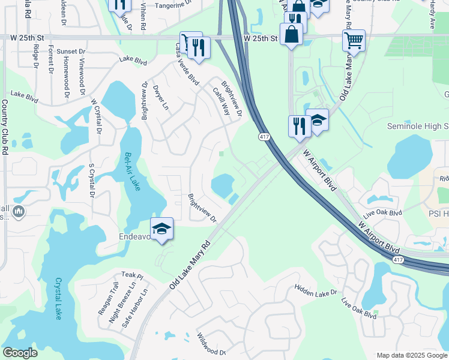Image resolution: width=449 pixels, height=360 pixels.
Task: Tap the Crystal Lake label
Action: (x=59, y=298)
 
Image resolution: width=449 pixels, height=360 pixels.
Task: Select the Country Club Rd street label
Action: (x=5, y=125)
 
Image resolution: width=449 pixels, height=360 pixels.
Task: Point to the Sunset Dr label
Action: (x=70, y=52)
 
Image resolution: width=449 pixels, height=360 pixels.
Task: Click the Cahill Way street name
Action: (x=221, y=101)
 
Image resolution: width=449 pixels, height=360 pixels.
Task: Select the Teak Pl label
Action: (x=131, y=275)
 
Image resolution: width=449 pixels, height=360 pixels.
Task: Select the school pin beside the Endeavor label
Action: (x=161, y=229)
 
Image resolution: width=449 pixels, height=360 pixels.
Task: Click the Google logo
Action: (x=20, y=353)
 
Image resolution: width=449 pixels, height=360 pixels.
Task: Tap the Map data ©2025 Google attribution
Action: (x=411, y=355)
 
